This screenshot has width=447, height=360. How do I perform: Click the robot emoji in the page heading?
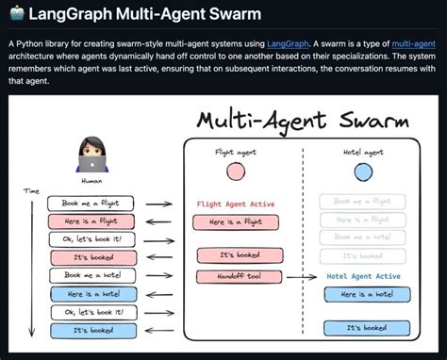[x=14, y=14]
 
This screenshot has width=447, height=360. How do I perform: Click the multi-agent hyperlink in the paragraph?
[x=415, y=44]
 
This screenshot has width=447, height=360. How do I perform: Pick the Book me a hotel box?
[x=92, y=274]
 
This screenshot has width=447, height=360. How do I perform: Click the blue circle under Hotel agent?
[x=363, y=172]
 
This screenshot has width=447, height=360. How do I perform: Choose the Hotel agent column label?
[x=363, y=150]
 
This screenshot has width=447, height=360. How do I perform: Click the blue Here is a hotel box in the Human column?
[x=92, y=293]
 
